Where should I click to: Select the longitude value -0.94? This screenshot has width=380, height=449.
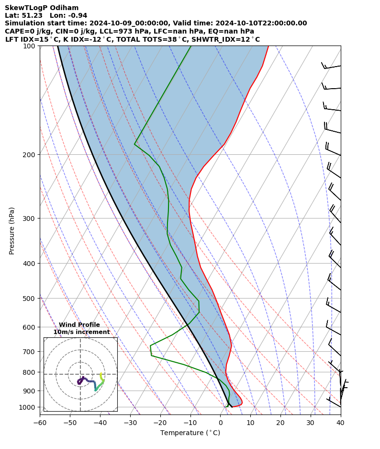tap(77, 15)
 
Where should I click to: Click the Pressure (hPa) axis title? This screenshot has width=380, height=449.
tap(12, 230)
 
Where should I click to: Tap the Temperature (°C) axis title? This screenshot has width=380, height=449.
tap(190, 433)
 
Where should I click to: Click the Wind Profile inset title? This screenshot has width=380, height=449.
tap(79, 325)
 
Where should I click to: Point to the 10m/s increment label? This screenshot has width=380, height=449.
tap(81, 332)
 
